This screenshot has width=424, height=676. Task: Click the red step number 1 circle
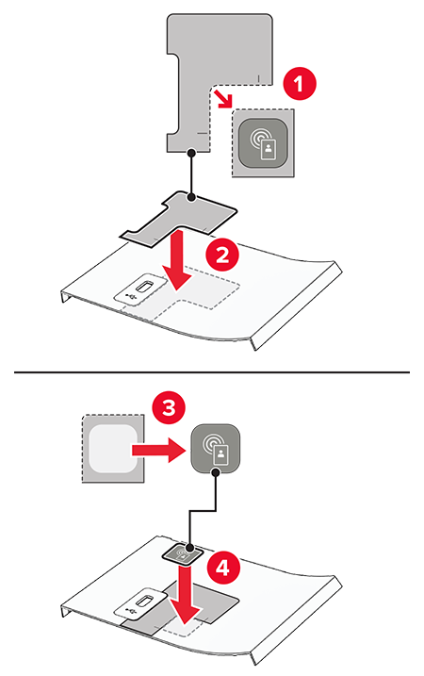click(300, 84)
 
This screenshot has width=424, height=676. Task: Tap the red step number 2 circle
click(222, 256)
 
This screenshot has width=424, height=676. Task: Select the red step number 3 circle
click(169, 407)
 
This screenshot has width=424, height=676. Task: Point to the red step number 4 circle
click(222, 569)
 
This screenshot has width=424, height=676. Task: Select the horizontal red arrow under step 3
click(159, 450)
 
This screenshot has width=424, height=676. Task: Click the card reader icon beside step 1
click(263, 142)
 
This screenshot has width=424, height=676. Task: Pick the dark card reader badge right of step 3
click(216, 449)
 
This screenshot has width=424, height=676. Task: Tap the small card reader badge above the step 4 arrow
click(184, 552)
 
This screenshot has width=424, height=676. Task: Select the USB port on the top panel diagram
click(141, 288)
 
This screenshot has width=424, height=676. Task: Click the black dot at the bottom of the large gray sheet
click(192, 152)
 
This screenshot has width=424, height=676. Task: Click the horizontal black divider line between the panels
click(212, 371)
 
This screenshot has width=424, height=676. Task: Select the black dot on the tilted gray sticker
click(192, 197)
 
